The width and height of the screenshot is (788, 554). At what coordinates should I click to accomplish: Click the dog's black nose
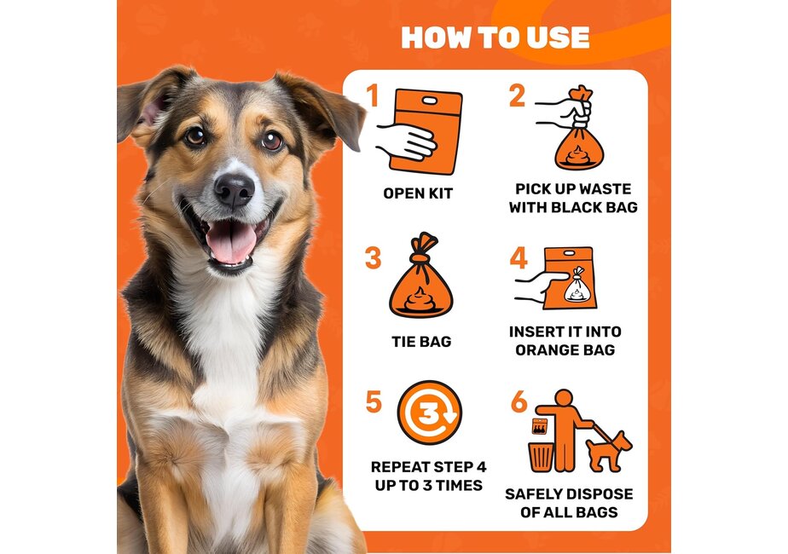[x=233, y=189]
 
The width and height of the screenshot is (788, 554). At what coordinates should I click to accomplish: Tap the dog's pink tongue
[x=231, y=243]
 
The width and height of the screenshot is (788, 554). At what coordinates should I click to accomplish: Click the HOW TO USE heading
[x=495, y=38]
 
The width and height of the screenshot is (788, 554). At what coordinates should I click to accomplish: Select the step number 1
[x=372, y=96]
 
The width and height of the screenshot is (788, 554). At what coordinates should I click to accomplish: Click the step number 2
[x=517, y=96]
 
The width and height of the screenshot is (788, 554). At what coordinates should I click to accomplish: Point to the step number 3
[x=373, y=257]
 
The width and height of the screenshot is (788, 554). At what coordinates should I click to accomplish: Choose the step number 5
[x=373, y=401]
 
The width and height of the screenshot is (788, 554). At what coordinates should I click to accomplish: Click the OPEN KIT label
[x=418, y=193]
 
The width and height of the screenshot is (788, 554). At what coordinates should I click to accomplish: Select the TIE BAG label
[x=421, y=341]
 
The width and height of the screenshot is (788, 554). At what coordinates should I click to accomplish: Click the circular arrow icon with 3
[x=430, y=413]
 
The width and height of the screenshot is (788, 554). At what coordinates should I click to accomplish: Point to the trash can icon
[x=541, y=455]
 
